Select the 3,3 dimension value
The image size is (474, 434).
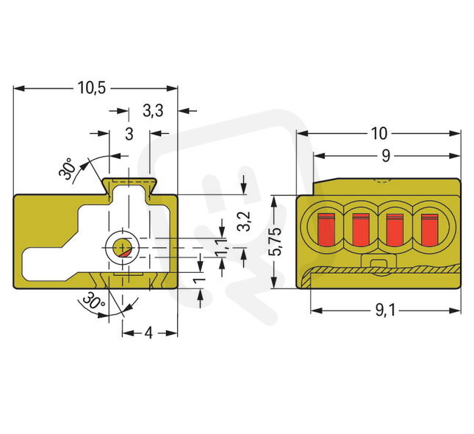[x=152, y=111]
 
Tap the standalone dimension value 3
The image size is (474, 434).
[x=129, y=134]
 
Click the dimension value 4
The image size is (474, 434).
[x=148, y=332]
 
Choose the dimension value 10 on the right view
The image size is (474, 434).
[x=378, y=133]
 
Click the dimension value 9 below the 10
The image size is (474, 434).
[x=385, y=155]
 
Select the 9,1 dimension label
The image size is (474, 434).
[x=385, y=310]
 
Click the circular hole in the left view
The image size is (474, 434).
[x=121, y=248]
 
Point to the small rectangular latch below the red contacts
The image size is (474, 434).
[x=378, y=266]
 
